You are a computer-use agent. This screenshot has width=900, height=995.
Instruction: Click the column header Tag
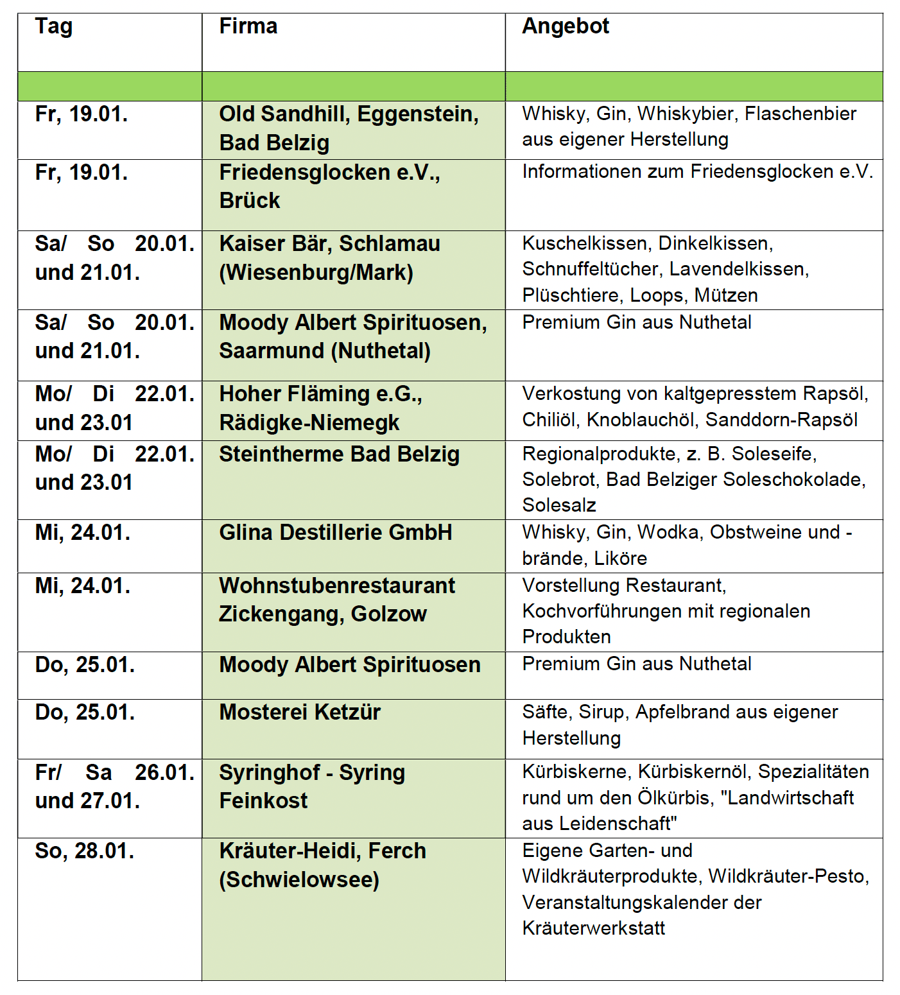tap(54, 27)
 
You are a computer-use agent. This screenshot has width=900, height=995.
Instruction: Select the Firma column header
tap(248, 26)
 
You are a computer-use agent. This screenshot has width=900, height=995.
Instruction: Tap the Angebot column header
tap(566, 26)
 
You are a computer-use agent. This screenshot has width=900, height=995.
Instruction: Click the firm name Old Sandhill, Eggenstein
tap(349, 114)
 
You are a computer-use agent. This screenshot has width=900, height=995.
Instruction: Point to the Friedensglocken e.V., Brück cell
tap(329, 186)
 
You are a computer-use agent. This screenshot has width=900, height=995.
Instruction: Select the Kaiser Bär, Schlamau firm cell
tap(329, 244)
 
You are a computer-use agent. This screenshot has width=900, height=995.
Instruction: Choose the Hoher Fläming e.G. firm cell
tap(320, 394)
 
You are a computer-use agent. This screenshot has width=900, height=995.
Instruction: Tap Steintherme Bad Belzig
tap(339, 454)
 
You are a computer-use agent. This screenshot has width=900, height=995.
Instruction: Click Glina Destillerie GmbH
tap(336, 533)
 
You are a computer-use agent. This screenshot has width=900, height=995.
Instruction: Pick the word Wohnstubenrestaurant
tap(337, 586)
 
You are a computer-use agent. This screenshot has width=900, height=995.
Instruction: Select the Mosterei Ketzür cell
tap(300, 713)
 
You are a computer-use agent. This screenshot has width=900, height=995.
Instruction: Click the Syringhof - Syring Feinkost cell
tap(312, 786)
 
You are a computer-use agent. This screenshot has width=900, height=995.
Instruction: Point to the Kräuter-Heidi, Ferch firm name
tap(322, 851)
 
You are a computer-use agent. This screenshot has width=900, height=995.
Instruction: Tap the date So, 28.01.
tap(85, 851)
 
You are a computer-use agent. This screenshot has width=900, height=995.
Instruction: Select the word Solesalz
tap(559, 505)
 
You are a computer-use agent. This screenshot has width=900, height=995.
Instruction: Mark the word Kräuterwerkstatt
tap(594, 928)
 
